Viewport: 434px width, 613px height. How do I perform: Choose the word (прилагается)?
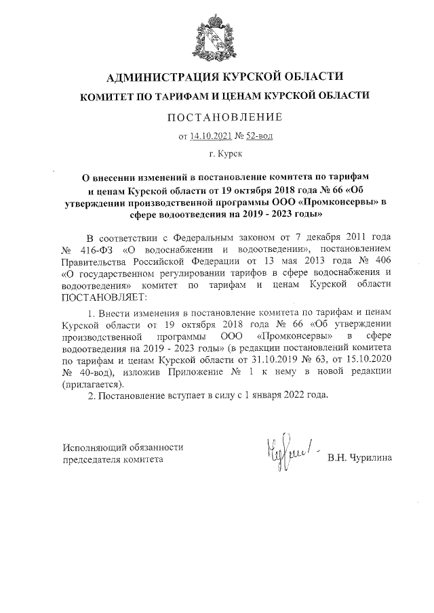[x=94, y=384]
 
